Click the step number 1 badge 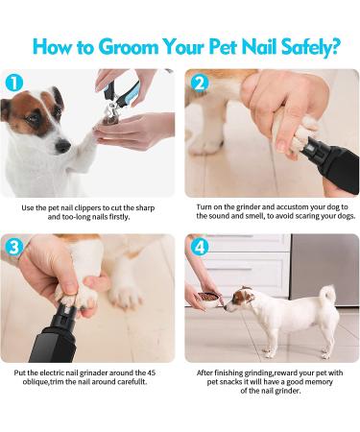tap(14, 83)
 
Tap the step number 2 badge tap(200, 83)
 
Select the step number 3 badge tap(14, 248)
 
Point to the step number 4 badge tap(200, 248)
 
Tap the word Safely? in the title tap(309, 47)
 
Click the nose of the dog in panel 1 tap(62, 146)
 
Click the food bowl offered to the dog tap(209, 299)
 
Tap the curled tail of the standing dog tap(327, 294)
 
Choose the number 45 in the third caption tap(152, 372)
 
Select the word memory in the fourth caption tap(319, 382)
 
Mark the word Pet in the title tap(223, 47)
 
